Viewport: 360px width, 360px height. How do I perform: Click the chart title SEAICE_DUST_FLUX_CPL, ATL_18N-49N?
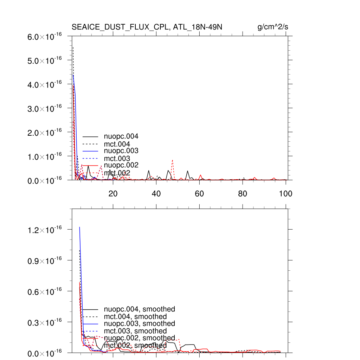tap(147, 27)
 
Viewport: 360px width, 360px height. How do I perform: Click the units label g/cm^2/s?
tap(273, 27)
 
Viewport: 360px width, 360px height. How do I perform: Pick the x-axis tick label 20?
tap(113, 194)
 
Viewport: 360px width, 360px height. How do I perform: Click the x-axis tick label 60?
tap(199, 194)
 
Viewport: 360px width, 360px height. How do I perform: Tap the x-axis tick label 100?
tap(285, 194)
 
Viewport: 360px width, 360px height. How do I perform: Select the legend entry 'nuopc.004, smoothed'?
tap(139, 309)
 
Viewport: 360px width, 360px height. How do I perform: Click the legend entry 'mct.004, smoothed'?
tap(135, 317)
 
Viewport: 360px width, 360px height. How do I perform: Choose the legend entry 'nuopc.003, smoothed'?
tap(139, 323)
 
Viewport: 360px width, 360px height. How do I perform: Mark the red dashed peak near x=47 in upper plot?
tap(173, 160)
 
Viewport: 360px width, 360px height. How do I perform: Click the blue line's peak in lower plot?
tap(79, 227)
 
